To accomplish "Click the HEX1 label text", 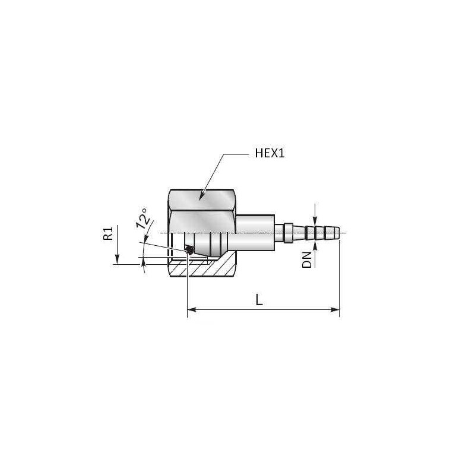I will pyautogui.click(x=271, y=154).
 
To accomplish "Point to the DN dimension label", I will pyautogui.click(x=307, y=259).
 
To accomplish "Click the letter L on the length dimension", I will pyautogui.click(x=259, y=300).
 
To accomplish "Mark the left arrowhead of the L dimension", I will pyautogui.click(x=191, y=309).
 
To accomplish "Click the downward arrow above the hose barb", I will pyautogui.click(x=315, y=220).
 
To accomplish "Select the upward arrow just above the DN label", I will pyautogui.click(x=315, y=242).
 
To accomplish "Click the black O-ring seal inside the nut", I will pyautogui.click(x=189, y=250).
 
